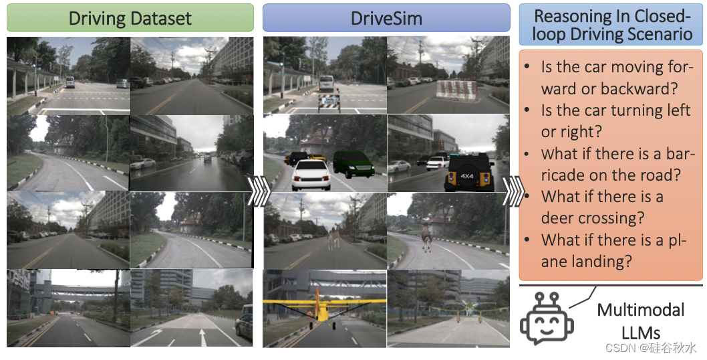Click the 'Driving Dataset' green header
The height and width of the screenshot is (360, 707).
130,18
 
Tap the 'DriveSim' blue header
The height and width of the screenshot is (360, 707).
386,18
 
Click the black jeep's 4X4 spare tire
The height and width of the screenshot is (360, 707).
466,177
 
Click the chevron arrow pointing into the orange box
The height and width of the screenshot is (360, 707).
513,192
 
